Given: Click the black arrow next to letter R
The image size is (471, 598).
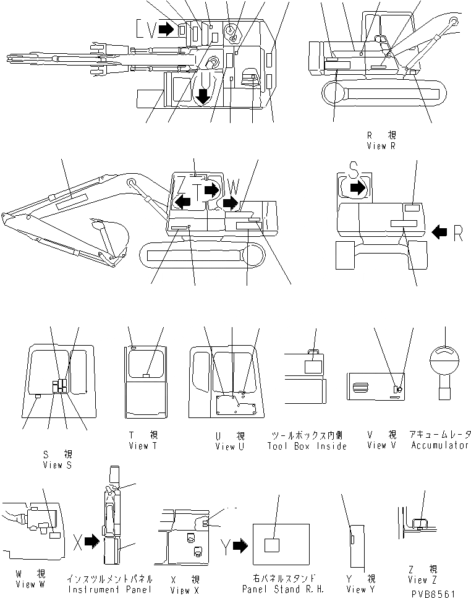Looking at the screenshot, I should click(x=439, y=233).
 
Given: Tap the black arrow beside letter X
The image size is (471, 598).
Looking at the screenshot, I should click(x=91, y=542).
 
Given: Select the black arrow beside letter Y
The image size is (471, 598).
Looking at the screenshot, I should click(x=239, y=545).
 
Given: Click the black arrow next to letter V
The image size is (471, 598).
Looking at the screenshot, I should click(x=166, y=28).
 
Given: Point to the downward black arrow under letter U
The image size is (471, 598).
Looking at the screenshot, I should click(x=203, y=95).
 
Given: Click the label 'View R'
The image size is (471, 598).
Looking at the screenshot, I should click(x=380, y=146).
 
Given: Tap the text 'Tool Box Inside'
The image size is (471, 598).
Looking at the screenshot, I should click(x=307, y=446).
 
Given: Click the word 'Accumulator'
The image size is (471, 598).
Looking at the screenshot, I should click(x=439, y=446).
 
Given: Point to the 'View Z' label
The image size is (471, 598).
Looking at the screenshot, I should click(x=422, y=580).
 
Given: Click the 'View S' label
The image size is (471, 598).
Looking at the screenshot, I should click(x=57, y=464).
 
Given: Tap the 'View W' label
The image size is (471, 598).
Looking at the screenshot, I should click(x=26, y=584).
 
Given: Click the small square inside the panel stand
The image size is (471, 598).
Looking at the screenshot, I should click(x=272, y=545).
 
